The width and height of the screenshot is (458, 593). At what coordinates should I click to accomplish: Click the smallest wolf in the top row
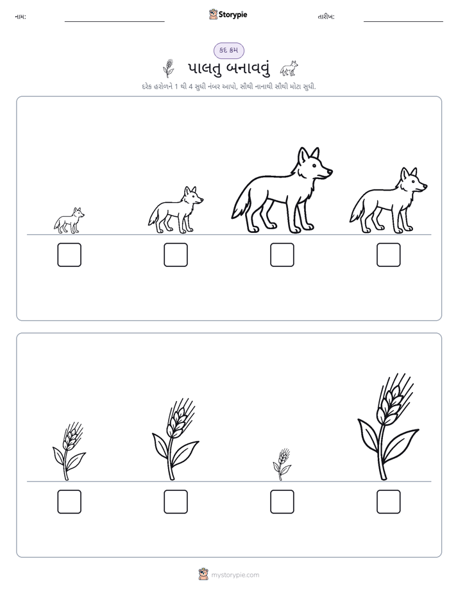[69, 220]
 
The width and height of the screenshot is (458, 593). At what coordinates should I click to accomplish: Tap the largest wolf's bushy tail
[241, 206]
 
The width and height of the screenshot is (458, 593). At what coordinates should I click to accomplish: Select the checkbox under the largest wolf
[282, 255]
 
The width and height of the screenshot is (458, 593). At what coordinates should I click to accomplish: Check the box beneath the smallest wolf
[69, 255]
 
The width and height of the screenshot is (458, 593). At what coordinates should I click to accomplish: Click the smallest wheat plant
[282, 465]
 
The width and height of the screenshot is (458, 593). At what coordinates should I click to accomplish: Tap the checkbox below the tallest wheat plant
[389, 501]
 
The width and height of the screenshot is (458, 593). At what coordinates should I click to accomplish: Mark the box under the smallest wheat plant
[282, 501]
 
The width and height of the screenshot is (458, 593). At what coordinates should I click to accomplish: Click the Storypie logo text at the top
[233, 14]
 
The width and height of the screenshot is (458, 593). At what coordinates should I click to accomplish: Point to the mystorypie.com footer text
[235, 575]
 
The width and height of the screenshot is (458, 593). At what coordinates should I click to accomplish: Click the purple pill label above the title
[229, 50]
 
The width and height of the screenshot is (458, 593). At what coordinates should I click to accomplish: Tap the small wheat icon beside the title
[169, 68]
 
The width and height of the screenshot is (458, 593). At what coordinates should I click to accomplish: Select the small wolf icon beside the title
[289, 69]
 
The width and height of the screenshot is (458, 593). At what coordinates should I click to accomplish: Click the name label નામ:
[21, 17]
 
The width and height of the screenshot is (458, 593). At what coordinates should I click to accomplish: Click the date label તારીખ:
[326, 17]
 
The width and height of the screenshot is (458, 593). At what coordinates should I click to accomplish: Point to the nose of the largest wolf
[330, 171]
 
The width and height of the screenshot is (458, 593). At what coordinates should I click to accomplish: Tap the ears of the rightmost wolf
[409, 173]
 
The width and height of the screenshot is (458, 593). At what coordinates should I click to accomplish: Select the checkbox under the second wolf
[176, 255]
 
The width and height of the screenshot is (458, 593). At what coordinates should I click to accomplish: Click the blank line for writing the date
[403, 22]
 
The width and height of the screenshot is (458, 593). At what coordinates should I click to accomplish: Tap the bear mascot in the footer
[203, 574]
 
